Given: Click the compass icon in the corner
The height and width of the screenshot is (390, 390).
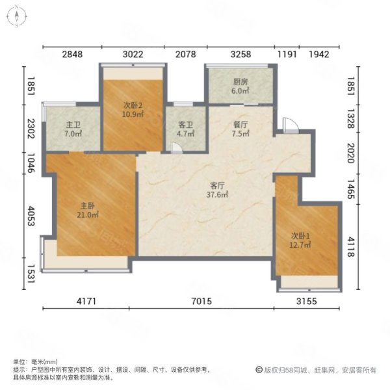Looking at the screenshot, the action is point(17,16).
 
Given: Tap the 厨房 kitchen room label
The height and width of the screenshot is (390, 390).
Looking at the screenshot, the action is point(240,82).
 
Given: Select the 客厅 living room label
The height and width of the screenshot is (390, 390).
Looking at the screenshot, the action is point(217,185).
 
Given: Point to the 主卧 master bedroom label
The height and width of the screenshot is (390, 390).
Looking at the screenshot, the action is point(88,205).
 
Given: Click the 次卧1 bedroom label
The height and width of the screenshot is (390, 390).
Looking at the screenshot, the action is point(300,235).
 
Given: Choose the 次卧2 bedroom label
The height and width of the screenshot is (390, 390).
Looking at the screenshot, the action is point(133,105).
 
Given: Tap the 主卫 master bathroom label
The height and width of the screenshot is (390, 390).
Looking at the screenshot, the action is point(73,125).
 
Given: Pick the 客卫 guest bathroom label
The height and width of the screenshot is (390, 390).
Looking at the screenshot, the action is point(185,125).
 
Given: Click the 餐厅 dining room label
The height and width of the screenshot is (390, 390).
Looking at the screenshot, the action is point(240,125).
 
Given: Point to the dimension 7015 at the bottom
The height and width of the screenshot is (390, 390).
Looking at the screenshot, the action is point(201,302).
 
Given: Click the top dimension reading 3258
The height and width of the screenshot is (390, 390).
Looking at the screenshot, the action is point(240,54).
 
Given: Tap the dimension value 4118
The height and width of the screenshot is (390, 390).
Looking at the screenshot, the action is point(351,247).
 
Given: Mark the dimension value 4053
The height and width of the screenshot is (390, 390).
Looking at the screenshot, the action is point(31,216).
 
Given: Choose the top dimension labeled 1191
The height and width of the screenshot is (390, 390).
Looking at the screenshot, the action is point(287,54).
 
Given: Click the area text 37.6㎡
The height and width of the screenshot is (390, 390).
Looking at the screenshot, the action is point(217,194).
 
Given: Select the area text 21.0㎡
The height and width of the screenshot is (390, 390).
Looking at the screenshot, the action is point(88,214).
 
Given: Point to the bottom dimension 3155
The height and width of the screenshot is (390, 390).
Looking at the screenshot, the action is point(307,302).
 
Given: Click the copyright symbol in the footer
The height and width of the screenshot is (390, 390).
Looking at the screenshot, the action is point(259,370).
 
